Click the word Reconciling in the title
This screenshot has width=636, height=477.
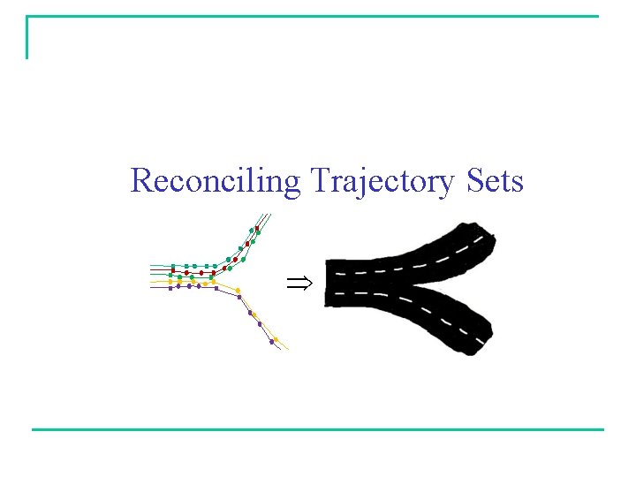point(216,181)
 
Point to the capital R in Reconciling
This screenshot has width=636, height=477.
point(140,181)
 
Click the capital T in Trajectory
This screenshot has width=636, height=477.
point(319,181)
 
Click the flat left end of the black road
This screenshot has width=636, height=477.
point(328,283)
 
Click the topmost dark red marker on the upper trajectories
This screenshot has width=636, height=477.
point(257,229)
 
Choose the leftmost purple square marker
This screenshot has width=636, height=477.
point(170,287)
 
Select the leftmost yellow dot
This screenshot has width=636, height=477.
point(170,282)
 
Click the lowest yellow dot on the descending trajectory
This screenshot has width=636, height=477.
point(276,339)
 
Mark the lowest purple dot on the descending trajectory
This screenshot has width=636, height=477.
point(271,342)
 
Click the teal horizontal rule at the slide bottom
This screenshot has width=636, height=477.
point(318,429)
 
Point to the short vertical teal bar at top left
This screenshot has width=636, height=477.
point(27,38)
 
